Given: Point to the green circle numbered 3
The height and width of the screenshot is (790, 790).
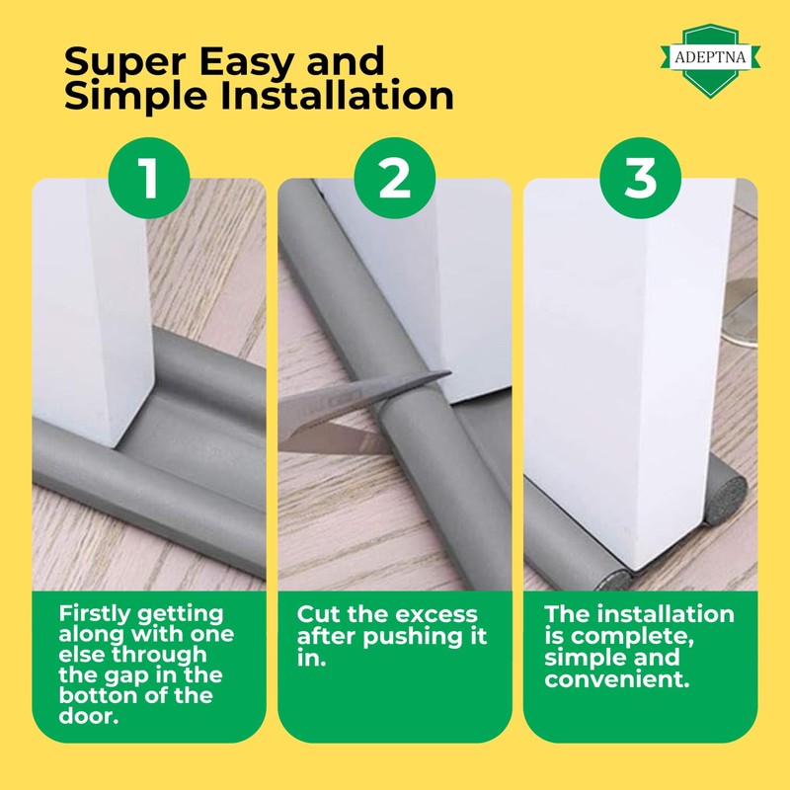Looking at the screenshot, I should [x=641, y=179].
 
